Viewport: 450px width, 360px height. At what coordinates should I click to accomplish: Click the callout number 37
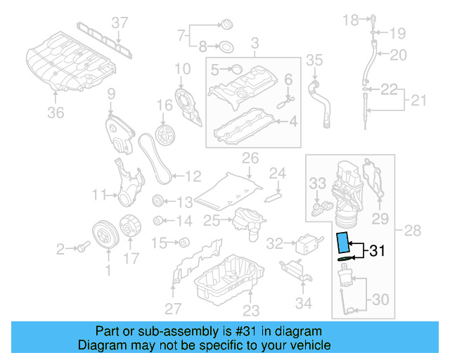[120, 22]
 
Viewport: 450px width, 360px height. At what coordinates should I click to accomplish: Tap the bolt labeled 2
[82, 247]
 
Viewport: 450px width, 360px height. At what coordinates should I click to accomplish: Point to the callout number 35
[314, 60]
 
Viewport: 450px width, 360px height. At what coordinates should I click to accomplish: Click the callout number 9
[110, 94]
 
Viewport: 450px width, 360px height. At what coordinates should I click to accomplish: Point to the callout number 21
[419, 101]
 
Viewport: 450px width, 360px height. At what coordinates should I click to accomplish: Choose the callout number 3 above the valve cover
[255, 43]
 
